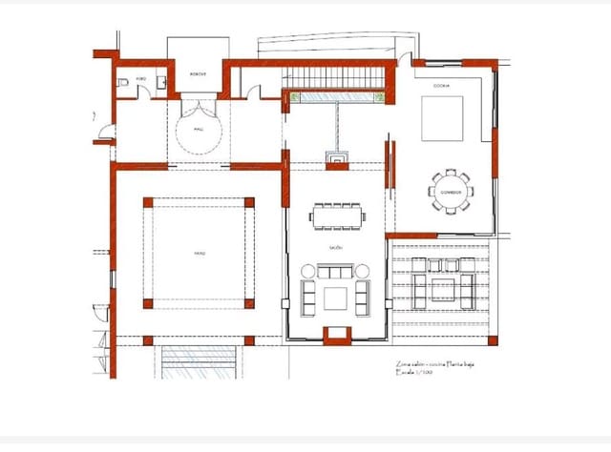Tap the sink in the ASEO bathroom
click(163, 83)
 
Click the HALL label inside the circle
click(199, 129)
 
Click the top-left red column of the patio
click(148, 202)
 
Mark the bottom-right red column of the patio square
click(250, 304)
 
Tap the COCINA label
click(441, 86)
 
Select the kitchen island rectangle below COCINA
click(441, 119)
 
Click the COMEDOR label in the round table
click(450, 191)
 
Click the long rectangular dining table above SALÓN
click(336, 216)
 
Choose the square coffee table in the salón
click(336, 298)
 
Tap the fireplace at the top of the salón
click(338, 160)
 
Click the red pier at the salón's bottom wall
click(337, 335)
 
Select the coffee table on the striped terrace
click(442, 289)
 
